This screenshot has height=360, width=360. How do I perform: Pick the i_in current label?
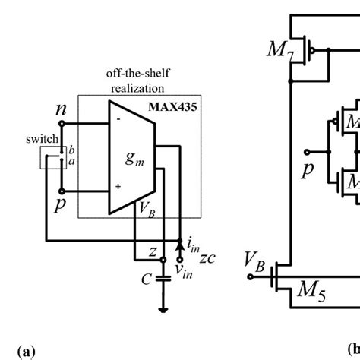[x=193, y=245]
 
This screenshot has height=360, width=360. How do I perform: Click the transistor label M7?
[x=279, y=51]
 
